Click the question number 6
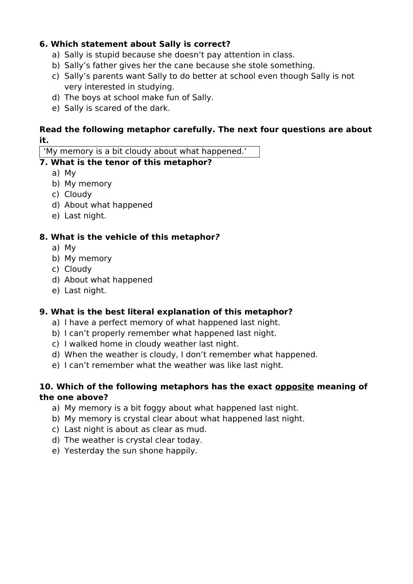[x=43, y=44]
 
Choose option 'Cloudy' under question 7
[x=78, y=195]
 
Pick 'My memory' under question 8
[x=88, y=258]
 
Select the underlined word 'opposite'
[x=294, y=387]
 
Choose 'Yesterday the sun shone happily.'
[x=130, y=451]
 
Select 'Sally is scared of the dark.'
[x=117, y=108]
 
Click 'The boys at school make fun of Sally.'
[x=139, y=98]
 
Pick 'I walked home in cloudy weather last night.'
[x=151, y=344]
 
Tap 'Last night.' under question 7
[x=85, y=216]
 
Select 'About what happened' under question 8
[x=108, y=280]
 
